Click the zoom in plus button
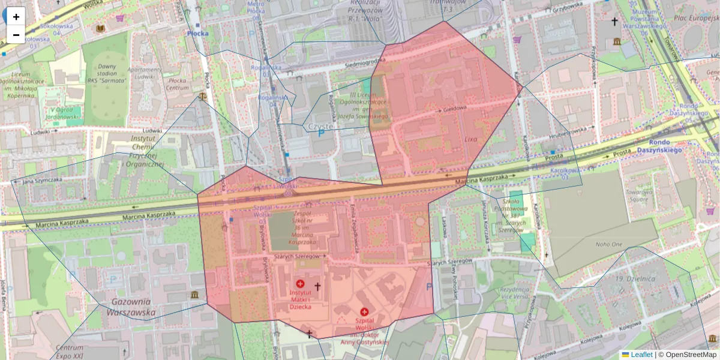(x=16, y=16)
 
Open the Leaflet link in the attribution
(x=641, y=355)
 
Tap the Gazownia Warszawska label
(x=131, y=307)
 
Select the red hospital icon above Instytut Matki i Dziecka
(x=301, y=283)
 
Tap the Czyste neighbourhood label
(x=323, y=127)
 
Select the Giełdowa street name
(x=455, y=110)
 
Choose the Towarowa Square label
(x=640, y=197)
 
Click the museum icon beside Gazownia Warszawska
(x=194, y=295)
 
